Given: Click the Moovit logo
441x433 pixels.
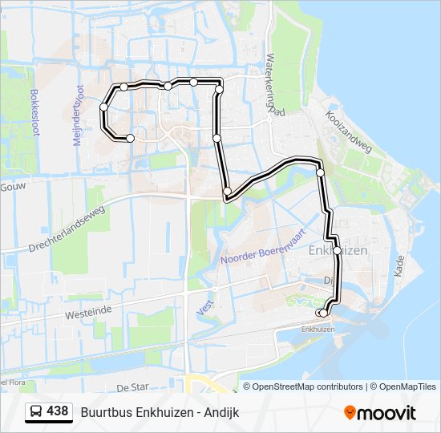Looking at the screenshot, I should [380, 412].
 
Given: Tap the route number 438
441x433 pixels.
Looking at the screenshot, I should [57, 411].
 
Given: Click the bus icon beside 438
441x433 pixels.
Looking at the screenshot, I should [37, 412].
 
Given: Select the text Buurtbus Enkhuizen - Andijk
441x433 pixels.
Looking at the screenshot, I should [160, 412].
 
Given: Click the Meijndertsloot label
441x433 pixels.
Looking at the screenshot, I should [78, 115].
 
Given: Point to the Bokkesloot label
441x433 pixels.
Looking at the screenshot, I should [34, 112].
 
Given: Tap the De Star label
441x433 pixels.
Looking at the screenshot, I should [133, 387].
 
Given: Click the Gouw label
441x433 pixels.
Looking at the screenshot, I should [9, 186].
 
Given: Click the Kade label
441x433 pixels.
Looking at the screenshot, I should [399, 266].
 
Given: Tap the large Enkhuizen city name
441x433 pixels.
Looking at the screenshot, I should [338, 250].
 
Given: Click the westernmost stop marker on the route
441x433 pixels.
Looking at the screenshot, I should [104, 107].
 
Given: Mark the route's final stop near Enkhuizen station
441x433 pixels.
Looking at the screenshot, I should [322, 313].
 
